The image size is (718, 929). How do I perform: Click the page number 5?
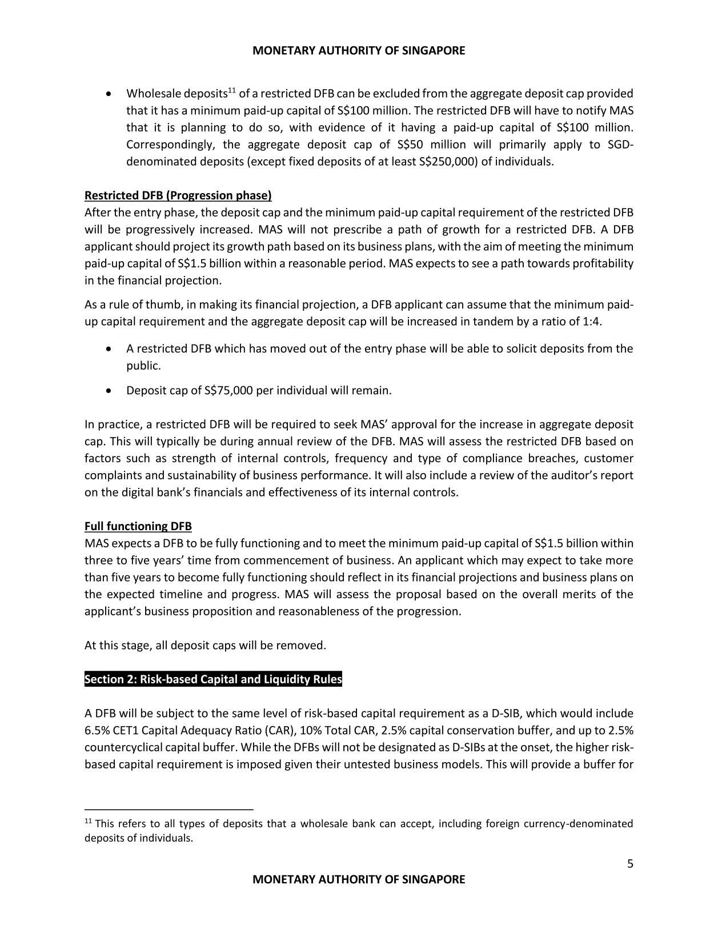coord(630,863)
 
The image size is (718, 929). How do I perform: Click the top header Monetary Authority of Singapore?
coord(359,50)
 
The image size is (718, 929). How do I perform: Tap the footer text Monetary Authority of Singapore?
coord(359,879)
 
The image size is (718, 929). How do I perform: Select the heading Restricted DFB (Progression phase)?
coord(178,195)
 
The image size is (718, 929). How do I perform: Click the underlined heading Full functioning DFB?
coord(138,526)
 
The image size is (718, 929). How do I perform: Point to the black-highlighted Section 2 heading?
coord(213,679)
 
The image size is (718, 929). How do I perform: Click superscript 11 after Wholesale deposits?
coord(232,90)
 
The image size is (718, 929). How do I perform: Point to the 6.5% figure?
coord(95,730)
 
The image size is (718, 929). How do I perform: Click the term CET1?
coord(126,730)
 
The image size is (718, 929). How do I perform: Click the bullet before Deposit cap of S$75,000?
coord(109,391)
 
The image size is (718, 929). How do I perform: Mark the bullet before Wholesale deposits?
coord(109,93)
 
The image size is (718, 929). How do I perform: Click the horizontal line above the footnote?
coord(169,809)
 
